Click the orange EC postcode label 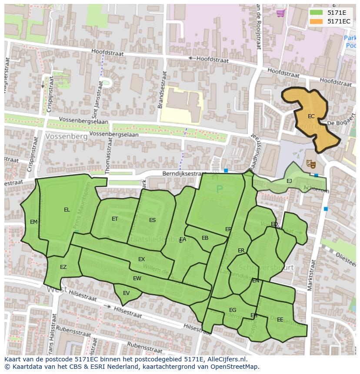[x=311, y=116]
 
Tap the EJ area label [x=289, y=181]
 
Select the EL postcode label [x=67, y=210]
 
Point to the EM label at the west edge [x=33, y=222]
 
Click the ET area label [x=115, y=219]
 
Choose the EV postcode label [x=126, y=293]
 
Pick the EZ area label [x=63, y=267]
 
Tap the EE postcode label [x=280, y=320]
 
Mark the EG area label [x=233, y=310]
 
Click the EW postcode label [x=137, y=278]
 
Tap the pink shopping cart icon [x=281, y=13]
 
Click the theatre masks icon [x=310, y=164]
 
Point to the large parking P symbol [x=219, y=189]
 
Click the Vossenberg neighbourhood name [x=66, y=136]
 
